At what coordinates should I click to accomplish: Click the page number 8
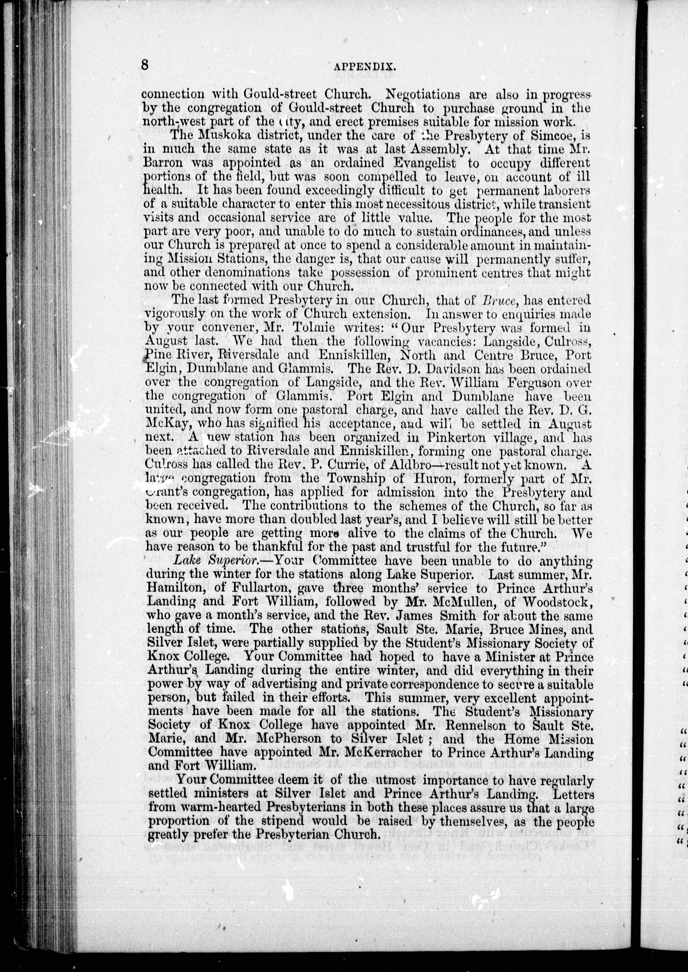pos(145,66)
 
